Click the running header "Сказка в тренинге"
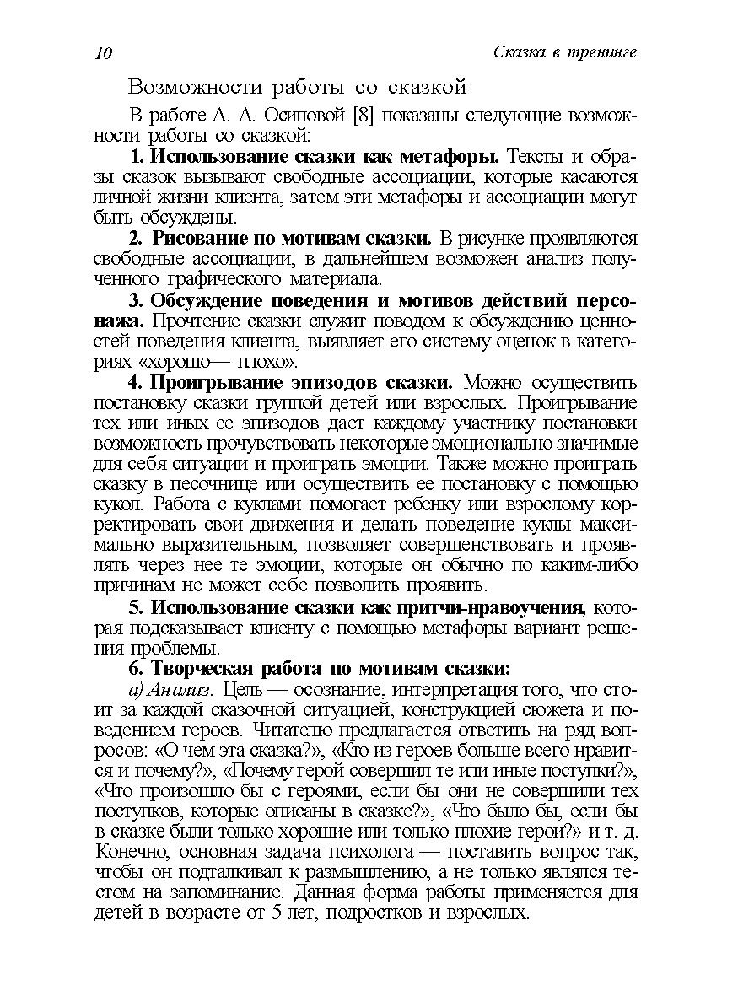coord(563,52)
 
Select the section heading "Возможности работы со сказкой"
coord(297,87)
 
